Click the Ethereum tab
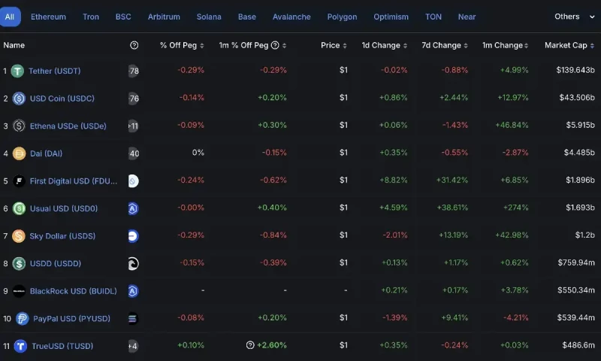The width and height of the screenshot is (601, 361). pos(48,17)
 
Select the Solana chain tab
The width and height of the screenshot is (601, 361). pos(209,17)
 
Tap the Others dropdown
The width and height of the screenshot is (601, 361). pos(572,17)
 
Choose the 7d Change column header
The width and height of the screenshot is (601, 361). pos(446,45)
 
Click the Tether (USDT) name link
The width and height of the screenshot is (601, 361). pos(54,71)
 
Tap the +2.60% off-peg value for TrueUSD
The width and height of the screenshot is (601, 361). pos(271,345)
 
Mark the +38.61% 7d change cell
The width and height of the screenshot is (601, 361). pos(452,208)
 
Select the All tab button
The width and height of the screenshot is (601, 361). pos(10,17)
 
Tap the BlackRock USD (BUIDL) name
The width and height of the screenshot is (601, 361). pos(74,291)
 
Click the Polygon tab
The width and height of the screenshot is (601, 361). pos(342,17)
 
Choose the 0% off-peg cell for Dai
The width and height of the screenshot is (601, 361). pos(198,153)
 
